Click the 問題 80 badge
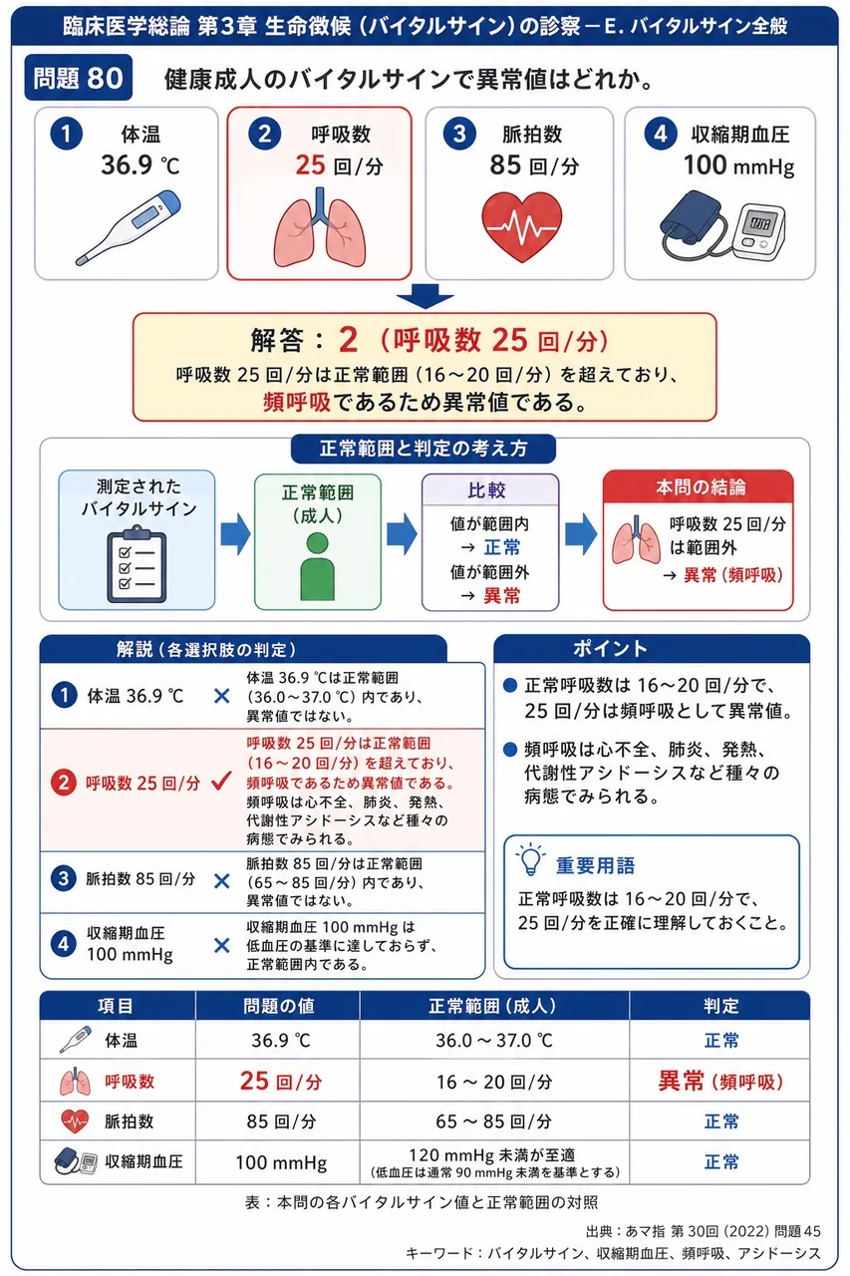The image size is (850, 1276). [x=78, y=78]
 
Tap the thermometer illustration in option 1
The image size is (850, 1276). [x=129, y=227]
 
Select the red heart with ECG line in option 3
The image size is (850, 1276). [x=521, y=226]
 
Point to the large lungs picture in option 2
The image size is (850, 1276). [x=320, y=228]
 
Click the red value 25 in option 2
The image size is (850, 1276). [x=310, y=165]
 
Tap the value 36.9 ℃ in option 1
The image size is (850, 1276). [x=141, y=165]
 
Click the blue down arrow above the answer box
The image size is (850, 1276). [x=425, y=296]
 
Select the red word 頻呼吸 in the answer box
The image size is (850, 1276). [x=297, y=402]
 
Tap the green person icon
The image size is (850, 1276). [x=317, y=567]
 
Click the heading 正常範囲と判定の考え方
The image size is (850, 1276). [x=424, y=449]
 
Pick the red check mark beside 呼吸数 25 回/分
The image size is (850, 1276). [x=221, y=781]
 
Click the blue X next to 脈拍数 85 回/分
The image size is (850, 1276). [x=221, y=881]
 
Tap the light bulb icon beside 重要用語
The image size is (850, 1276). [x=530, y=859]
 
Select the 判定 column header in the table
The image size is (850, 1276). [x=720, y=1006]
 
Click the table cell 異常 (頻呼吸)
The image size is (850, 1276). [x=720, y=1081]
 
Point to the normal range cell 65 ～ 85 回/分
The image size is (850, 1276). [x=494, y=1121]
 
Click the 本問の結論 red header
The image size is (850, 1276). [x=699, y=487]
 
